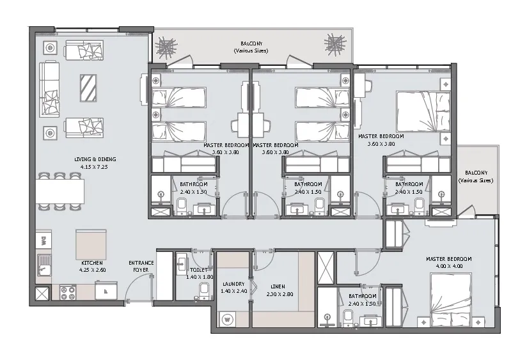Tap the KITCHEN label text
92,263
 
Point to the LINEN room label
278,286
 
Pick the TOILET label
196,271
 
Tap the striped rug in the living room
88,88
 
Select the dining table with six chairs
59,191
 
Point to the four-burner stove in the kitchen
68,292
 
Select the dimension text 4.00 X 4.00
448,266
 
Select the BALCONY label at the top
251,44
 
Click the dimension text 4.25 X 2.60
92,270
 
